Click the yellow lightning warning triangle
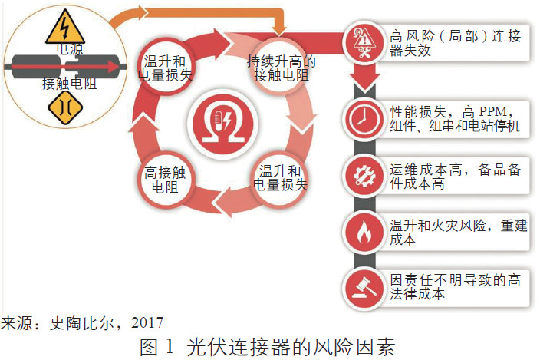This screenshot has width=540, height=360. click(64, 29)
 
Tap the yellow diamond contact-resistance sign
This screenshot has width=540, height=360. click(65, 107)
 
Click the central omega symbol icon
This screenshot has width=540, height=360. click(223, 124)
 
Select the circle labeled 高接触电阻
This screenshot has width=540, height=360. click(165, 180)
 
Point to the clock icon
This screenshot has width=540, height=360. click(364, 119)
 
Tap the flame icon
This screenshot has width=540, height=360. click(364, 232)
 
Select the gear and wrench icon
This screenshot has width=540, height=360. click(364, 175)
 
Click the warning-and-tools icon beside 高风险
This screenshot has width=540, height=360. click(364, 43)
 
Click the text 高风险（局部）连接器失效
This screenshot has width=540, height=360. click(455, 43)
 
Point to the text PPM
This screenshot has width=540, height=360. click(492, 111)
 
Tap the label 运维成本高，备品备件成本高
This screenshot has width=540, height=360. click(455, 177)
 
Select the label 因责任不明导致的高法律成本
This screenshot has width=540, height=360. click(455, 287)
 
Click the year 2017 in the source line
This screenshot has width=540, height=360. click(147, 323)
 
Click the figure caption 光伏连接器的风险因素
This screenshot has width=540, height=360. click(291, 347)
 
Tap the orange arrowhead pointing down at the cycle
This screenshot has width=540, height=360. click(279, 30)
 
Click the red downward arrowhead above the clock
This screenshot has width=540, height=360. click(364, 84)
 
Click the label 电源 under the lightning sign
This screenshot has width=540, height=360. click(70, 49)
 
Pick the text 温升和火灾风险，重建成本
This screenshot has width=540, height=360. click(458, 232)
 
